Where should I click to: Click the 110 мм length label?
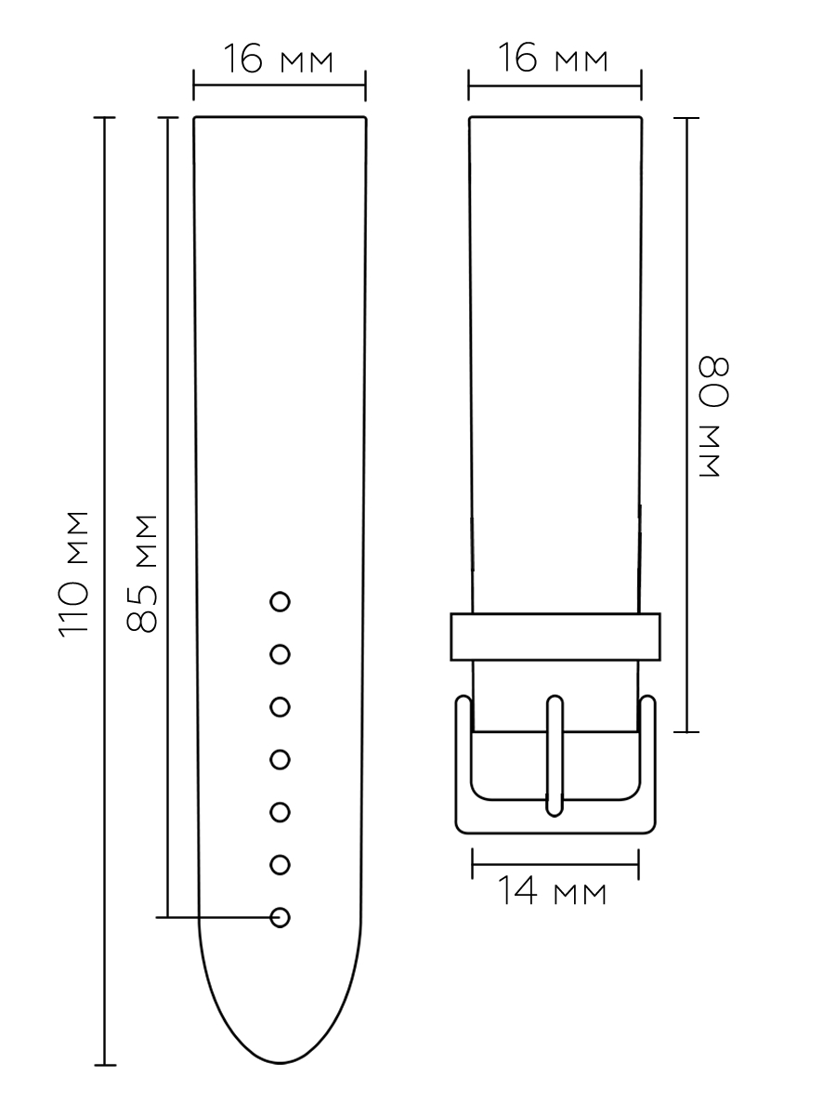pos(74,574)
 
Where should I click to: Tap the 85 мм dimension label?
pos(141,574)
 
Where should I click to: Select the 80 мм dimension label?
pos(713,416)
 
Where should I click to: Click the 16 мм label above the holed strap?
pos(278,59)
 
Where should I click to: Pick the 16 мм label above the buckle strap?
pos(553,57)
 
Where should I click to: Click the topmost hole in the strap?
pos(280,602)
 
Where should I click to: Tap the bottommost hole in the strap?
pos(280,917)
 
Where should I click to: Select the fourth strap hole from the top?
pos(280,759)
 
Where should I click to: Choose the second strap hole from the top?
pos(280,654)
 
